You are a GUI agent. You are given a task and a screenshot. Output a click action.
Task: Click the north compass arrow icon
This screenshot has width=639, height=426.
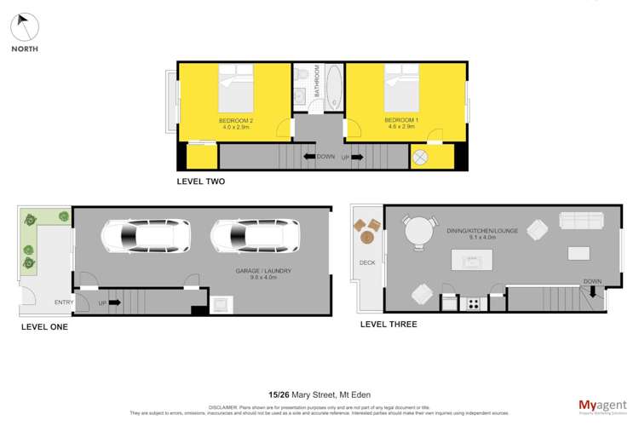(25, 26)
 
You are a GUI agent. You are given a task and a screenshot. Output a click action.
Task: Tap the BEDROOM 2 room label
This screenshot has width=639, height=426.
(236, 123)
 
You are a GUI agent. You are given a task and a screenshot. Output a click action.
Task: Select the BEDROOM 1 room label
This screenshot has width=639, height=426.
(401, 123)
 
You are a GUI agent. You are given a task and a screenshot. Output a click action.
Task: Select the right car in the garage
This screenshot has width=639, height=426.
(254, 237)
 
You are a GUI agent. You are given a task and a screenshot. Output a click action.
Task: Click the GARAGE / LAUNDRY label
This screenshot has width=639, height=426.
(264, 273)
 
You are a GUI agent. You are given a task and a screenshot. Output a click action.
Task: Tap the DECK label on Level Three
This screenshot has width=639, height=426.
(366, 262)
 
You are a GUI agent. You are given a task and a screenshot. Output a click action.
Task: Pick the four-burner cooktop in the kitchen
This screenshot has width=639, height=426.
(471, 302)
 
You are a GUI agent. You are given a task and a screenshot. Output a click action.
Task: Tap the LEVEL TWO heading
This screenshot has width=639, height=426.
(200, 181)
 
